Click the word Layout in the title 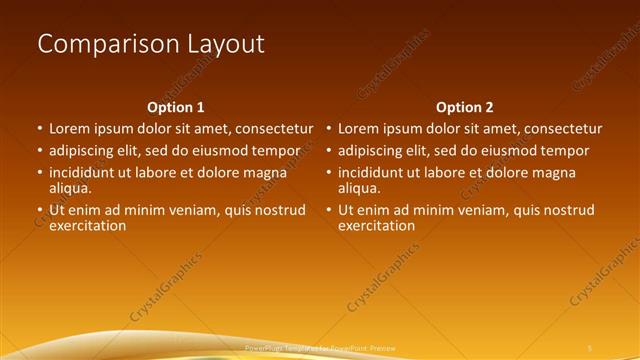pos(226,44)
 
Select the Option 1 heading pos(176,107)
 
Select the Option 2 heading pos(465,107)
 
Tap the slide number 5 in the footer pos(589,347)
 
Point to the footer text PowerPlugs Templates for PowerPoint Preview pos(320,347)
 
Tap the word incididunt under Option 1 pos(85,173)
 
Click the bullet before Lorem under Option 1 pos(40,130)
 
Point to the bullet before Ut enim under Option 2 pos(329,211)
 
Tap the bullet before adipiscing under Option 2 pos(329,152)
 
